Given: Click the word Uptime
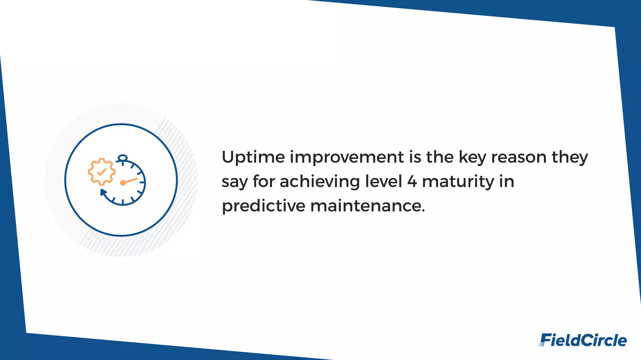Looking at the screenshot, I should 253,157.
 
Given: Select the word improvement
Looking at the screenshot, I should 347,157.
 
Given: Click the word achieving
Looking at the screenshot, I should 320,182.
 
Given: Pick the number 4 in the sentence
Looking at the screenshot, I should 412,182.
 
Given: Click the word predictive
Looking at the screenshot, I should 263,206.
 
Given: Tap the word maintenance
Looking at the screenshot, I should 367,206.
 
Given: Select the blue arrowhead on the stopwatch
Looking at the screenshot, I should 103,192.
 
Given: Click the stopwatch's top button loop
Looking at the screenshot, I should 122,158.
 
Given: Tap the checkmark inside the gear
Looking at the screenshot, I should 102,172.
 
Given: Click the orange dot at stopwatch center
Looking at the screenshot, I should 123,183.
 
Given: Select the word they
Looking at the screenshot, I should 570,157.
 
